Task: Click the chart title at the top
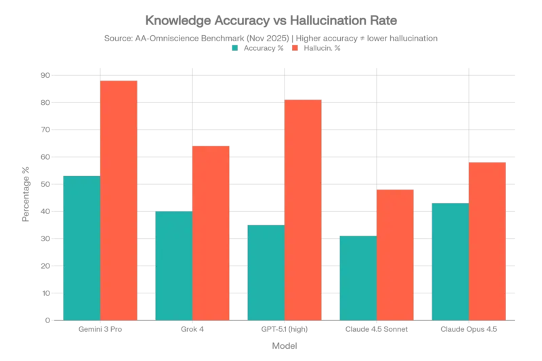pos(271,17)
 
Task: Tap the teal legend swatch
pos(234,48)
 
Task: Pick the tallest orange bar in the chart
pos(119,200)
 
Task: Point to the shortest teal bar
pos(357,277)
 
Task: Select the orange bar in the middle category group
pos(304,209)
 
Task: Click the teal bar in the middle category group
pos(266,272)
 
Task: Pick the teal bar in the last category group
pos(449,261)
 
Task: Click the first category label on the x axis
pos(100,330)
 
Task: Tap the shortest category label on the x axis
pos(192,330)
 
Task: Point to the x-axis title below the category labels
pos(285,347)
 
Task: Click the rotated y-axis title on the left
pos(27,192)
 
